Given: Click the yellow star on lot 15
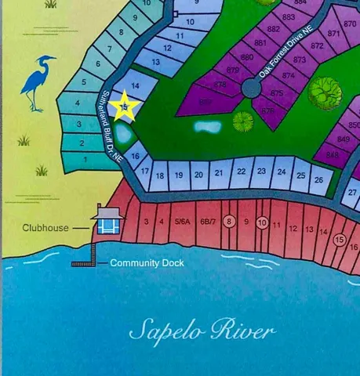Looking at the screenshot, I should pos(124,107).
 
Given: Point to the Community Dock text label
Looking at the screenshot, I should pos(147,263).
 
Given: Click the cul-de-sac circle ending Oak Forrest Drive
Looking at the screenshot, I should pos(251,88).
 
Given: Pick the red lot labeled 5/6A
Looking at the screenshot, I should pos(182,222).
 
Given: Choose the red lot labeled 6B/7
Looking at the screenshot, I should pos(208,222).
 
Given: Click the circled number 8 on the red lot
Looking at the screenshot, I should pos(229,222).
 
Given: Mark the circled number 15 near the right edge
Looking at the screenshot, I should pos(340,240).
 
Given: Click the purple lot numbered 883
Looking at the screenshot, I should pos(288,17).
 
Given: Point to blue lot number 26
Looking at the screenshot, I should pos(317,179).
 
